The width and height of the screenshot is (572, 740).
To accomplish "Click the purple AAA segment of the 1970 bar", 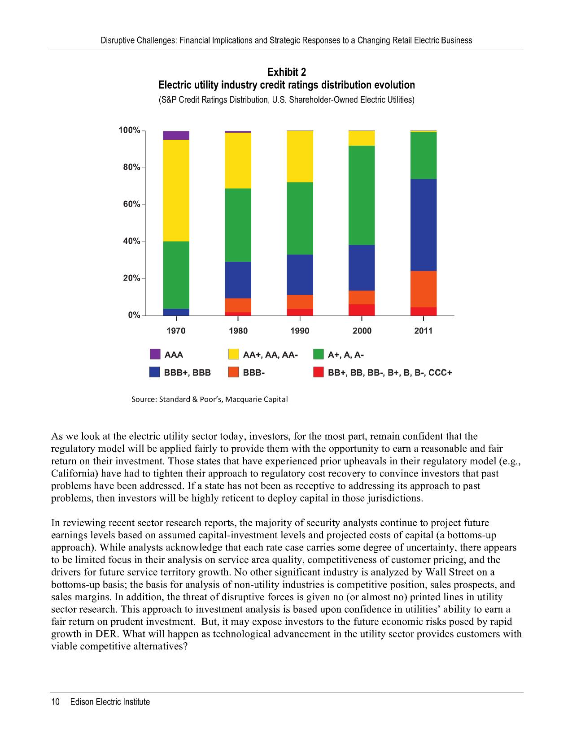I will click(x=176, y=135).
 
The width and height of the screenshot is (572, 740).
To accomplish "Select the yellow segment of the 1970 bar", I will click(x=176, y=190).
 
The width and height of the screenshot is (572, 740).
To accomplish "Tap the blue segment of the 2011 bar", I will click(x=424, y=225).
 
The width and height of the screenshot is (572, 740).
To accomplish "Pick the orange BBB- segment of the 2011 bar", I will click(x=424, y=289).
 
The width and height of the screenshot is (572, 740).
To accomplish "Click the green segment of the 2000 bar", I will click(x=362, y=195).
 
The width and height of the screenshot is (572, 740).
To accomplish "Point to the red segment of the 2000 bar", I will click(x=362, y=310).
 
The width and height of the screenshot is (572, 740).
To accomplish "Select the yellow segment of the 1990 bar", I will click(x=300, y=156).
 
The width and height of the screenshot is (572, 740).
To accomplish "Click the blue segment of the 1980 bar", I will click(x=238, y=280).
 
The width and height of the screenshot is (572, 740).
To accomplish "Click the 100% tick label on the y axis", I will click(x=129, y=130).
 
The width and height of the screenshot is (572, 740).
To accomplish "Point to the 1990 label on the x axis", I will click(x=300, y=331).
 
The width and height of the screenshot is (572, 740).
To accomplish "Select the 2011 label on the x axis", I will click(x=424, y=331).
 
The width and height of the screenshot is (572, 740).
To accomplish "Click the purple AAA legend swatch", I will click(x=155, y=354).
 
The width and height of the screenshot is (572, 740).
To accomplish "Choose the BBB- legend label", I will click(x=253, y=372).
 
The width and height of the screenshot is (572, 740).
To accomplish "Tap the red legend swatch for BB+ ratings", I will click(x=319, y=372).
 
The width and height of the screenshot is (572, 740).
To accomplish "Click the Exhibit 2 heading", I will click(x=287, y=72).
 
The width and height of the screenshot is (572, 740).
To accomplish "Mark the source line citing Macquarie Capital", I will click(x=209, y=399).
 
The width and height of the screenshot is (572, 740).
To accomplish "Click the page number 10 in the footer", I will click(x=56, y=702).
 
